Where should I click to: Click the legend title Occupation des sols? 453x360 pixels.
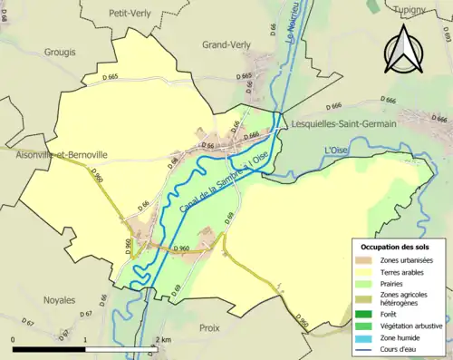tap(397, 247)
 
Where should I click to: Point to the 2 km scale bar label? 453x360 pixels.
tap(163, 340)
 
